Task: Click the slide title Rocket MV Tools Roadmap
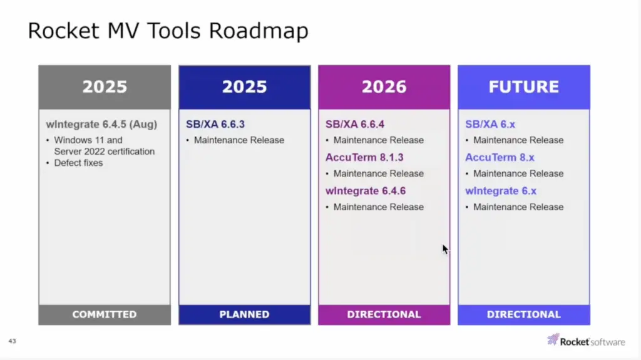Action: click(x=168, y=31)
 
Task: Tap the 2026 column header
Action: click(x=384, y=87)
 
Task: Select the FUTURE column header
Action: click(x=524, y=87)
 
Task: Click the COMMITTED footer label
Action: click(x=105, y=314)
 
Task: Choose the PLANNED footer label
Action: click(x=245, y=314)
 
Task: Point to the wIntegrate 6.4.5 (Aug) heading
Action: click(x=101, y=125)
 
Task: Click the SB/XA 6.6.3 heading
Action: click(x=215, y=125)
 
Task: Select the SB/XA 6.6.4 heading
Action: click(x=355, y=125)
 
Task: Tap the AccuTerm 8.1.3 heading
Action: click(x=364, y=158)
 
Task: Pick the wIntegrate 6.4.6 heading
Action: click(x=366, y=191)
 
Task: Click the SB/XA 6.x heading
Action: click(x=490, y=125)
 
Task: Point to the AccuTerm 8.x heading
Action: click(x=500, y=158)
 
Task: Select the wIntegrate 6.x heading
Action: click(x=501, y=191)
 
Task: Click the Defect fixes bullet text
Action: click(x=78, y=163)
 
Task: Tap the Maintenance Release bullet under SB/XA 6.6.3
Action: click(x=239, y=140)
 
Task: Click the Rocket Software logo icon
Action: click(x=553, y=339)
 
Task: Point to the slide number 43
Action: click(x=13, y=341)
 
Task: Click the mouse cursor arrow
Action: click(x=446, y=249)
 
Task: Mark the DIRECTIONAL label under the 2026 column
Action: click(x=384, y=314)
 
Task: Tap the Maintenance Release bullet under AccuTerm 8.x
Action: click(x=518, y=174)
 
